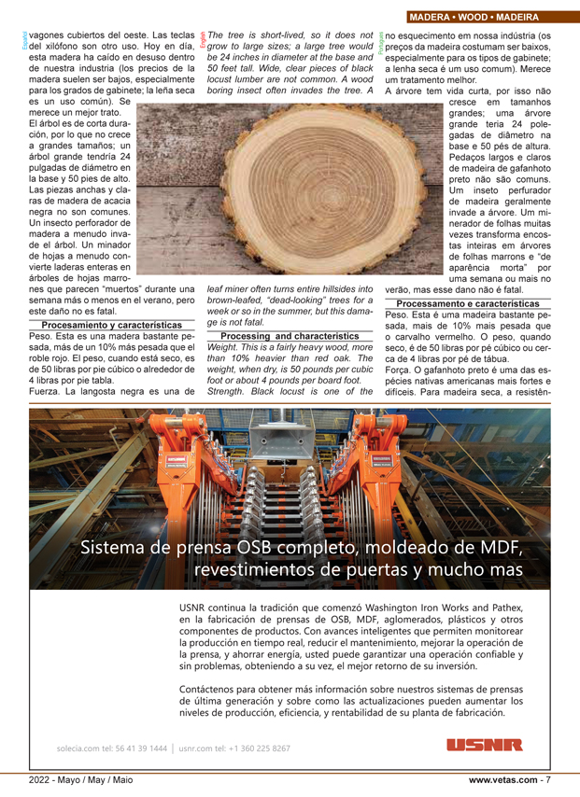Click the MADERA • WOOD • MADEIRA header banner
(487, 17)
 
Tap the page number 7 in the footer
(548, 779)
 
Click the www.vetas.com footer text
(503, 779)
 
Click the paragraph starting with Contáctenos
(349, 700)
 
